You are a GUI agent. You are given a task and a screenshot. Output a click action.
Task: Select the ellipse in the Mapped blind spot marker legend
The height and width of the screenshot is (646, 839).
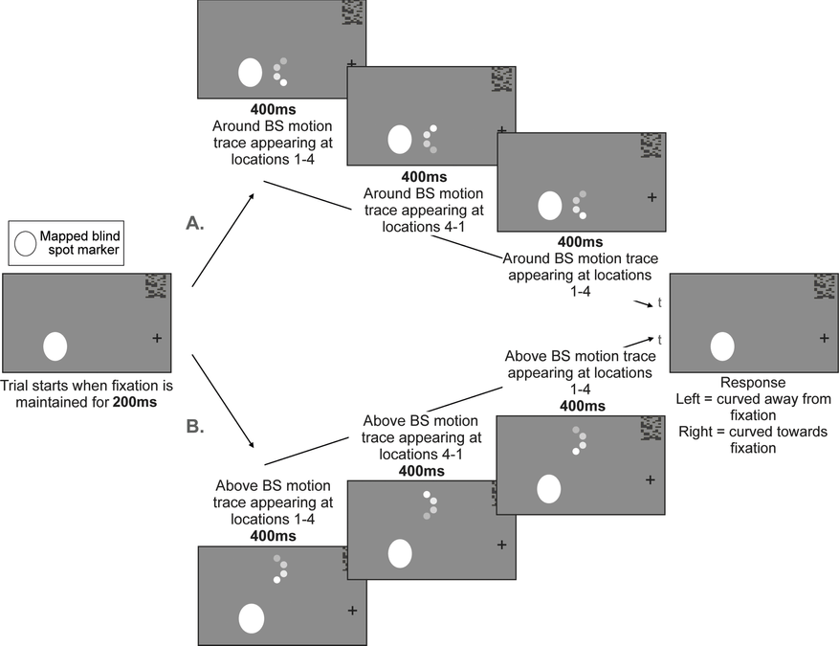pyautogui.click(x=26, y=244)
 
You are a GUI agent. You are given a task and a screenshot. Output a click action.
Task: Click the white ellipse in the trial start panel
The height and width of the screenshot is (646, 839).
pyautogui.click(x=55, y=345)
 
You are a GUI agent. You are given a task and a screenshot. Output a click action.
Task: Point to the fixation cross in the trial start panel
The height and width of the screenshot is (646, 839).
pyautogui.click(x=157, y=337)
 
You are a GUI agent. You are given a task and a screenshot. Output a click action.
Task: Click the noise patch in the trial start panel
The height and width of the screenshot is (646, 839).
pyautogui.click(x=155, y=286)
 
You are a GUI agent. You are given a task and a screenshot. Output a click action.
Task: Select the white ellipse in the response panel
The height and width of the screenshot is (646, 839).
pyautogui.click(x=722, y=345)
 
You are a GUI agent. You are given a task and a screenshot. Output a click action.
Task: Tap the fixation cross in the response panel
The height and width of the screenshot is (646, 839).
pyautogui.click(x=825, y=337)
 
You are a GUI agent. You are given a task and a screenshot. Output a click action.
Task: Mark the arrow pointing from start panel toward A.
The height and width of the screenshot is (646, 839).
pyautogui.click(x=223, y=239)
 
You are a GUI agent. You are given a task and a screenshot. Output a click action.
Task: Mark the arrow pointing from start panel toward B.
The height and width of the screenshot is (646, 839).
pyautogui.click(x=223, y=402)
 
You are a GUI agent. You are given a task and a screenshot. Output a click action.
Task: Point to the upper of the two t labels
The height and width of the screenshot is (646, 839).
pyautogui.click(x=659, y=303)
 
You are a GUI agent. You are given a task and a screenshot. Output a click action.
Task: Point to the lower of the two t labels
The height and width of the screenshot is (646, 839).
pyautogui.click(x=659, y=339)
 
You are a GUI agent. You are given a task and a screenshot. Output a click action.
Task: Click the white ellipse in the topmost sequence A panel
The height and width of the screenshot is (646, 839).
pyautogui.click(x=250, y=73)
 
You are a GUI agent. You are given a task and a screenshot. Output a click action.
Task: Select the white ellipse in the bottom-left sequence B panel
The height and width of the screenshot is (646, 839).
pyautogui.click(x=252, y=617)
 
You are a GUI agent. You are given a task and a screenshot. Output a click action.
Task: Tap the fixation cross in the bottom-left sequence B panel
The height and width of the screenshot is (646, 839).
pyautogui.click(x=352, y=610)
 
